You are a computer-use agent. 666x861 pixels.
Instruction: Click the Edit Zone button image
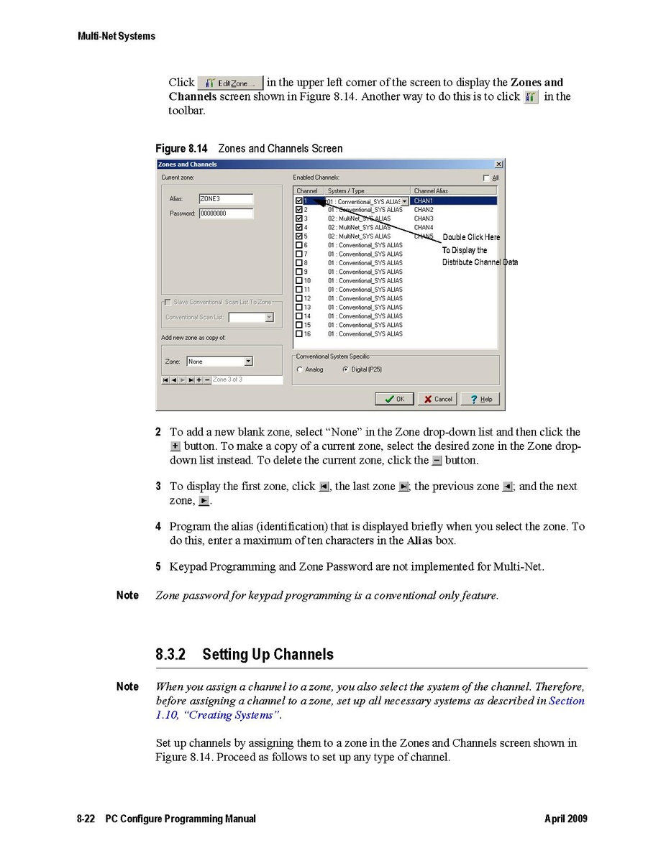pos(230,83)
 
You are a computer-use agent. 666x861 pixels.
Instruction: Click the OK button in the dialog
pos(395,399)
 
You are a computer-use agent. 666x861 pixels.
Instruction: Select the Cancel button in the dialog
pos(437,399)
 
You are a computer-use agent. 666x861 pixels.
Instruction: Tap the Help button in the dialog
pos(481,399)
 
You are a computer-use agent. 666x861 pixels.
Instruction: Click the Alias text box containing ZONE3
pos(225,199)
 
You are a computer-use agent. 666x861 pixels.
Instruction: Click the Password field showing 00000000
pos(225,213)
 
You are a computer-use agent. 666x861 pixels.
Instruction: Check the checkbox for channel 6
pos(299,245)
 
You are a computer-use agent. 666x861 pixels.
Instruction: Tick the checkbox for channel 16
pos(299,334)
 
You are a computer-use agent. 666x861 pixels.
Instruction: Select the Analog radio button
pos(300,369)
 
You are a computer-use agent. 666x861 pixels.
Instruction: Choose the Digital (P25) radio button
pos(346,369)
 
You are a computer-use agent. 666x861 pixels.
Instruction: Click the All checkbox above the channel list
pos(487,178)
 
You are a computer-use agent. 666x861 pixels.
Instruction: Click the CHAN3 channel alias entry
pos(424,218)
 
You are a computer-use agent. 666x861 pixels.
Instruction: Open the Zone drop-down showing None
pos(248,362)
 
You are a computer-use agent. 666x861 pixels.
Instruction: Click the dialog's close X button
pos(498,165)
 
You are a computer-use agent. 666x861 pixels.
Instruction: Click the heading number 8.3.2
pos(171,655)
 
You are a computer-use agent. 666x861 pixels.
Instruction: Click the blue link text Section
pos(567,701)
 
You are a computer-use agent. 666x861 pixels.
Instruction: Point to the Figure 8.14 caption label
pos(181,149)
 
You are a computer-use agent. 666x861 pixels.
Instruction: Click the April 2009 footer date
pos(565,819)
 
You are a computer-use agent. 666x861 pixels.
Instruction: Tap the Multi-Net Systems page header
pos(116,36)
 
